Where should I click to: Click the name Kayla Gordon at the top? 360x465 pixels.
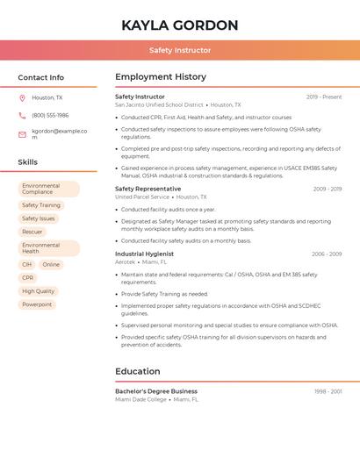click(x=180, y=25)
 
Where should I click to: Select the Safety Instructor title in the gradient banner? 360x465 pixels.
click(x=180, y=51)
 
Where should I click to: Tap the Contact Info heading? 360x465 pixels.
click(x=41, y=77)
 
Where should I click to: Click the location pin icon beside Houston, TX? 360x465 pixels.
click(x=22, y=98)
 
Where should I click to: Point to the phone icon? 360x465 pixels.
click(x=22, y=116)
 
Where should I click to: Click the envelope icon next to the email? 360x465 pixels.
click(x=22, y=134)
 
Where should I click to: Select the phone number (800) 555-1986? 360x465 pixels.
click(x=50, y=116)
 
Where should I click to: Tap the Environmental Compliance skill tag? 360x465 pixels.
click(x=48, y=189)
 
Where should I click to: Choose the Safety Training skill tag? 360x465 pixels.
click(x=41, y=205)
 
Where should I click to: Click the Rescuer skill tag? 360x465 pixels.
click(x=32, y=232)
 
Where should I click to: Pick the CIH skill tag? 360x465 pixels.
click(x=27, y=264)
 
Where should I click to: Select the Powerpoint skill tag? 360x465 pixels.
click(x=37, y=304)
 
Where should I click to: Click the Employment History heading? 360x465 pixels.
click(x=161, y=77)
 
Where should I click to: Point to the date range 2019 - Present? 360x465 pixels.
click(x=324, y=97)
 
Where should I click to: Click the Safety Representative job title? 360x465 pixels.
click(x=148, y=189)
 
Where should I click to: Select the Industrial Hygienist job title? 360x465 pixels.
click(x=144, y=254)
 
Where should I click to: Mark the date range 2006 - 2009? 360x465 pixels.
click(x=327, y=254)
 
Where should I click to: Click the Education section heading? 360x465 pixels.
click(x=138, y=371)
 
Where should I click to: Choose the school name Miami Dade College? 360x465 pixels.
click(x=140, y=399)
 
